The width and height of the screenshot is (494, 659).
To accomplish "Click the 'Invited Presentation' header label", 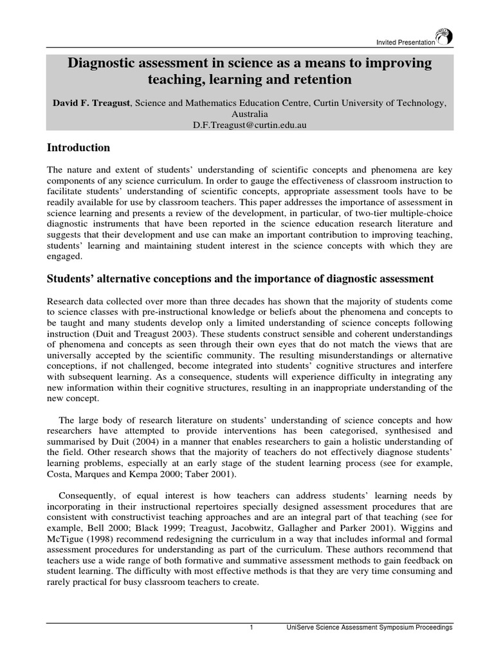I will tap(405, 42).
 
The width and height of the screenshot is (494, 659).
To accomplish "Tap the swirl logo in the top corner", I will tap(443, 37).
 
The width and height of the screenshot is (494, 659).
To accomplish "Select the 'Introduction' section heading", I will tap(78, 148).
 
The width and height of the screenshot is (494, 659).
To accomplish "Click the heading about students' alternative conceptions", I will tap(241, 279).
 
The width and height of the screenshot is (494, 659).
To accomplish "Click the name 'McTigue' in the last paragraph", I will tap(66, 539).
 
